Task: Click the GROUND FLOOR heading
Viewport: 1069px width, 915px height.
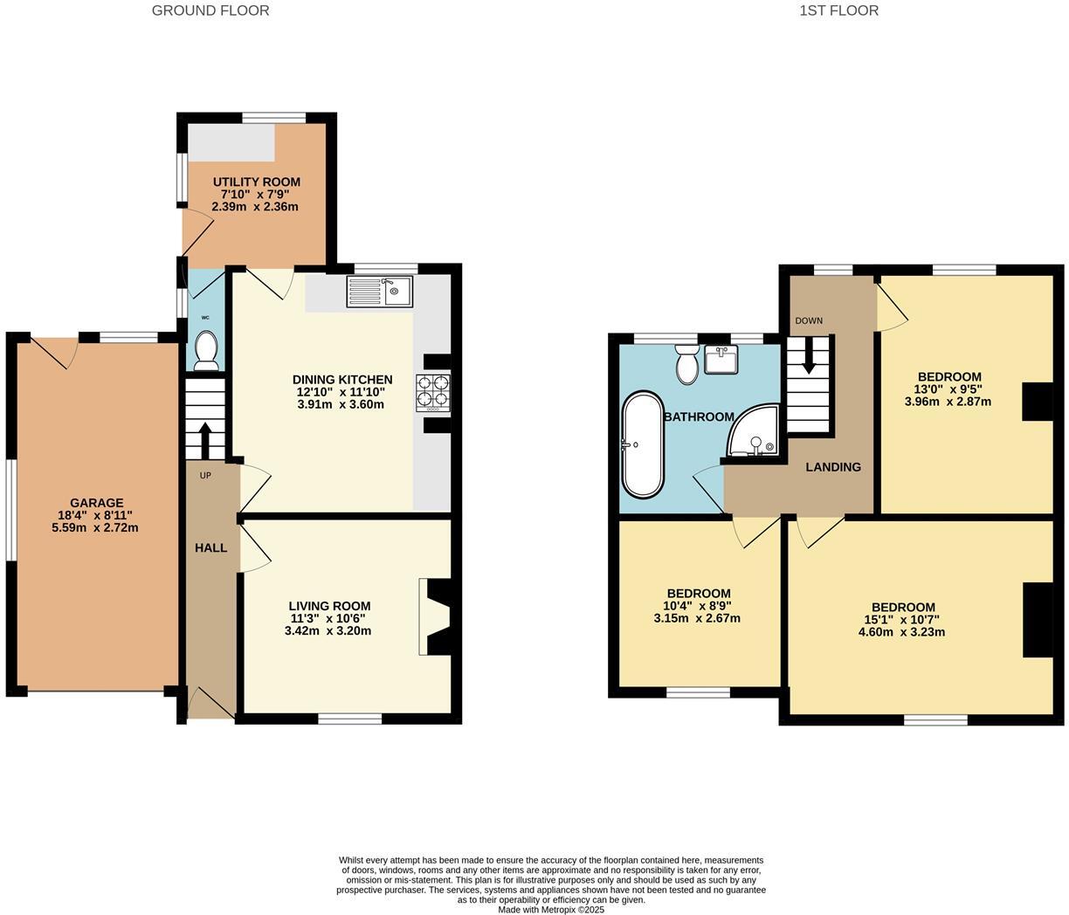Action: (210, 10)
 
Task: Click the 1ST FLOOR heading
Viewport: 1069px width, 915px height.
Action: (838, 10)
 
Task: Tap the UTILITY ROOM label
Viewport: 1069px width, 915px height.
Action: (256, 182)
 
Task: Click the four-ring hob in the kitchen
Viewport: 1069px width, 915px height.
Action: (432, 391)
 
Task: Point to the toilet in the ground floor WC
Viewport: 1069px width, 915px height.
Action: (207, 347)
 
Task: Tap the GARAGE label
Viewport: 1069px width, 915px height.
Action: (96, 503)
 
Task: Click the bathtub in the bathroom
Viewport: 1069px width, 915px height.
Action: (643, 444)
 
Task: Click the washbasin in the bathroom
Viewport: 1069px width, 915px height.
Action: (721, 358)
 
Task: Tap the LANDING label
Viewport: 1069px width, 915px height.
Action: (832, 467)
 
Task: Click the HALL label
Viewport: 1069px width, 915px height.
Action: (210, 547)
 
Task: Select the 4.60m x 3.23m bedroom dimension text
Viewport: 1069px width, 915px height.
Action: (902, 632)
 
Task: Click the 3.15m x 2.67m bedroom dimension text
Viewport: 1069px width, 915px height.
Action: (697, 618)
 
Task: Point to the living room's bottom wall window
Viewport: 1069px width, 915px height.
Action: (349, 719)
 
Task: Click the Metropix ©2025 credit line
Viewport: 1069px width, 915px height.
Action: (550, 909)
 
